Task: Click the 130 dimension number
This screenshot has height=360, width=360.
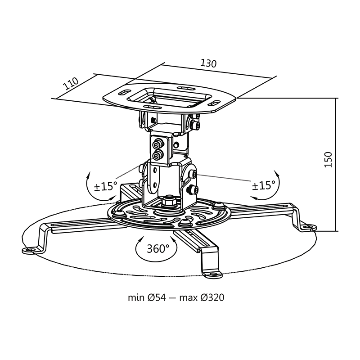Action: tap(208, 63)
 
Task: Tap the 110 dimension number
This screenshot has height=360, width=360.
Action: tap(70, 84)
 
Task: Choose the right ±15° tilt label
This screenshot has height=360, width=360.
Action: tap(263, 185)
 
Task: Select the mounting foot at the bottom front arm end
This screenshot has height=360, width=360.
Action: tap(211, 272)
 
